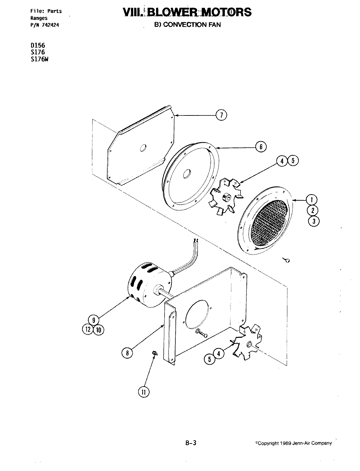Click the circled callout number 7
pos(221,115)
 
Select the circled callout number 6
pos(261,147)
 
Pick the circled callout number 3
pos(314,221)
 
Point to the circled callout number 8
pos(127,353)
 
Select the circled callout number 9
pos(93,320)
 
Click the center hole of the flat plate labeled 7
pos(143,148)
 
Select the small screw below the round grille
pos(287,260)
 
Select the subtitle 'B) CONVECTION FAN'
pos(188,25)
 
